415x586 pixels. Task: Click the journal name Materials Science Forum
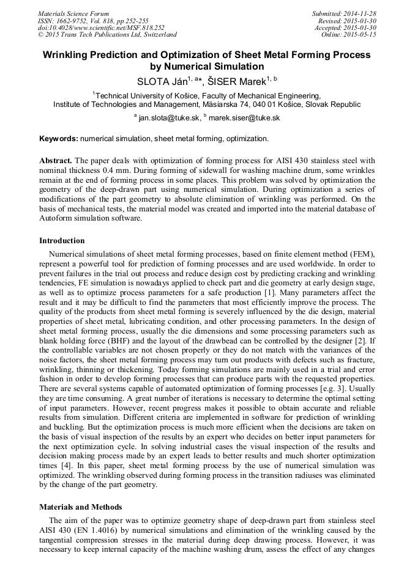pos(73,13)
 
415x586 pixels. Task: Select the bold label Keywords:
pos(58,139)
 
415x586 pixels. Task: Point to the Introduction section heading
pos(62,241)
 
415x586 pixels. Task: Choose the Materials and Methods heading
pos(80,507)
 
